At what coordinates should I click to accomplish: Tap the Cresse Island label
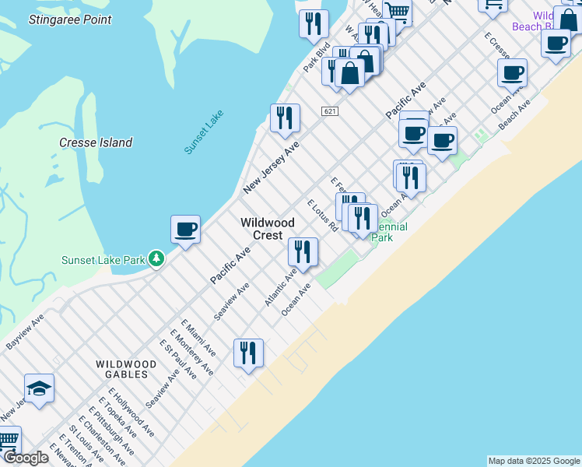(x=96, y=142)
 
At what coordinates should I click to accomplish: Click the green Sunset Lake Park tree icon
(x=156, y=258)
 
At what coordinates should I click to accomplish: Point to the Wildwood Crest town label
(x=267, y=229)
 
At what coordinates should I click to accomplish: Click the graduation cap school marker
(x=39, y=388)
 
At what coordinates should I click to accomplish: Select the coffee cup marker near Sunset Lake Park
(x=185, y=230)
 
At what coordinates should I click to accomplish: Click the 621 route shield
(x=330, y=112)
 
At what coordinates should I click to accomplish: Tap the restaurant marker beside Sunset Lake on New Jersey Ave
(x=285, y=118)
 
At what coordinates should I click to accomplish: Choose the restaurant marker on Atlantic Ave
(x=303, y=251)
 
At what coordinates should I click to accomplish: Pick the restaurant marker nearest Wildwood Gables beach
(x=248, y=353)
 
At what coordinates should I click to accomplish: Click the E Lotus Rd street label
(x=322, y=215)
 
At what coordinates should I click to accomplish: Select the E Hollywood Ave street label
(x=131, y=412)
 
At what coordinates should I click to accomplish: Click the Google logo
(x=26, y=458)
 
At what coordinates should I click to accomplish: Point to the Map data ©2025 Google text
(x=534, y=461)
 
